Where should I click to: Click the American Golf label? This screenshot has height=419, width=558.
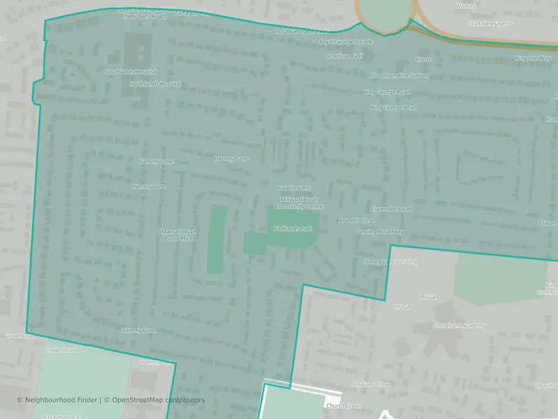(x=344, y=56)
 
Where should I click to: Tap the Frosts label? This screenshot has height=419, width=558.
(x=423, y=60)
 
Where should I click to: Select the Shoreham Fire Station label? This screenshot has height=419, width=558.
(x=399, y=76)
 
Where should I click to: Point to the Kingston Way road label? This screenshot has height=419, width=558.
(x=533, y=58)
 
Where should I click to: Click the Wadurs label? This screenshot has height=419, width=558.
(x=466, y=6)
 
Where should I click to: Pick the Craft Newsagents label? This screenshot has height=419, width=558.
(x=491, y=24)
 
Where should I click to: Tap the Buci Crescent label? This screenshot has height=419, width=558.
(x=293, y=188)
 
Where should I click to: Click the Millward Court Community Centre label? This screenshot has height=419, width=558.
(x=299, y=203)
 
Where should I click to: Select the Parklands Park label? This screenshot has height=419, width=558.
(x=293, y=229)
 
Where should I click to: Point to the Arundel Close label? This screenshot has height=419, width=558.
(x=356, y=221)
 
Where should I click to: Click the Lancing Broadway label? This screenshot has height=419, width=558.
(x=380, y=232)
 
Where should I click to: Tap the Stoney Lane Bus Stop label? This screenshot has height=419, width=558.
(x=391, y=262)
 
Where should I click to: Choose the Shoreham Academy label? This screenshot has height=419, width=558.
(x=459, y=326)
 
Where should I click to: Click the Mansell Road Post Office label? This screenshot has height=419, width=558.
(x=178, y=235)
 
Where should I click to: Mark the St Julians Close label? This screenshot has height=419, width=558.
(x=371, y=385)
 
